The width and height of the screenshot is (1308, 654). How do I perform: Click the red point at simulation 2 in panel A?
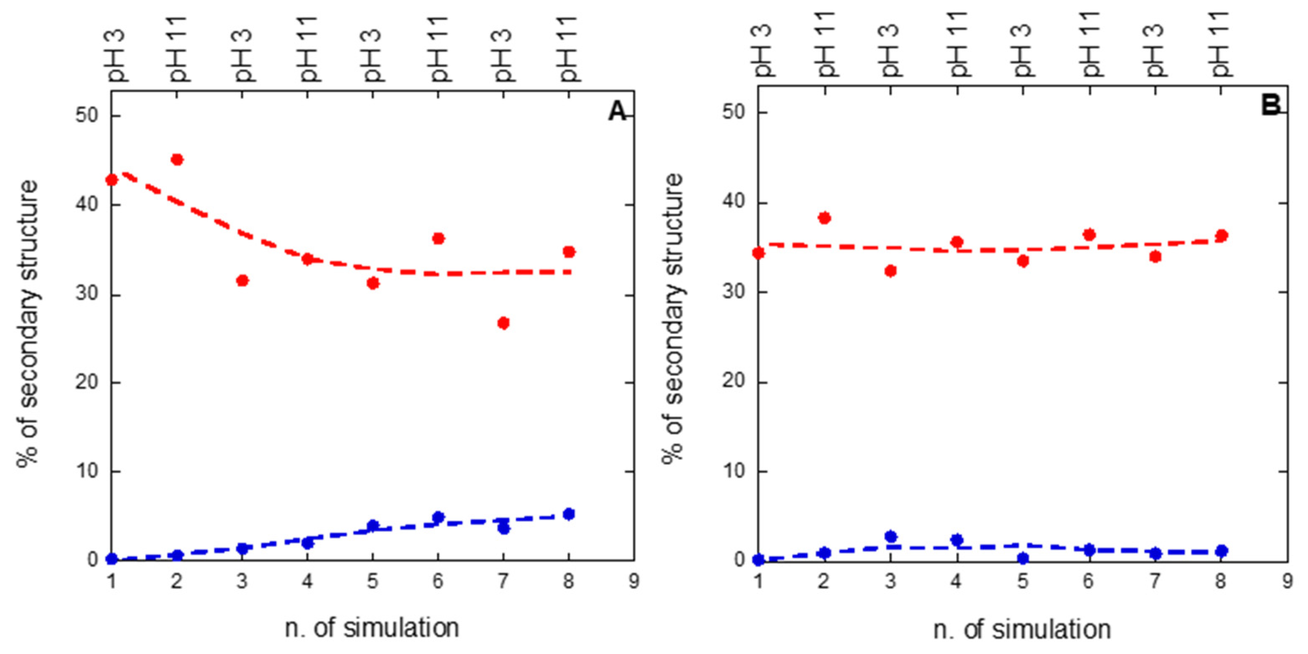[177, 159]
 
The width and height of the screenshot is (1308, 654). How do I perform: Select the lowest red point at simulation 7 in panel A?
[503, 323]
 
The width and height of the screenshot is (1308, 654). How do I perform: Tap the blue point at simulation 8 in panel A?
[569, 514]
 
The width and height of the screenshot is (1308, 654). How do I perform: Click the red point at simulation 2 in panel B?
[824, 218]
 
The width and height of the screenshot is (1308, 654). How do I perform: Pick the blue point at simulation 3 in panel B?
[890, 537]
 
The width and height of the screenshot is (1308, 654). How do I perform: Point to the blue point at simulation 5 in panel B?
[1023, 558]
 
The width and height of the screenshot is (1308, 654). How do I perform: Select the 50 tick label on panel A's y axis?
[86, 116]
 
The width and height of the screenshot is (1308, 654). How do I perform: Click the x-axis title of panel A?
[372, 628]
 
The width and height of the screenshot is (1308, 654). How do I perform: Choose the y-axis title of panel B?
[673, 318]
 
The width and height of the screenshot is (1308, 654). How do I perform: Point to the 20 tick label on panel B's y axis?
[733, 382]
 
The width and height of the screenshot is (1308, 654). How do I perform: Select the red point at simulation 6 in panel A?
[438, 238]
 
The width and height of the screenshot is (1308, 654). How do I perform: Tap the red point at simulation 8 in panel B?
[1222, 236]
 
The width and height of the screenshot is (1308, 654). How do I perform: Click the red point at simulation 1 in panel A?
[112, 180]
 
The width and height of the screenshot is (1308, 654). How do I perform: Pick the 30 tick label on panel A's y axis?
[86, 295]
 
